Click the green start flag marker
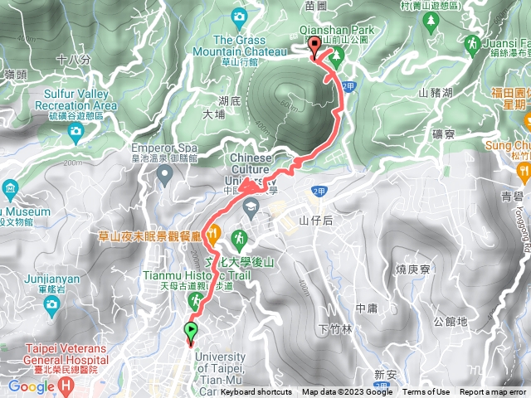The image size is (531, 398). point(192,332)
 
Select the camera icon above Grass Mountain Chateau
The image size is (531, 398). point(240,16)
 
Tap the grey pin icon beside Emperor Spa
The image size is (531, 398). point(164,173)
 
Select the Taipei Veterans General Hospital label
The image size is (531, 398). point(66,359)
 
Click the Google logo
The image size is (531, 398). point(31,386)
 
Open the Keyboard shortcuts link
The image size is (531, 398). point(256,392)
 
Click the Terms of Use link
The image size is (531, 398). point(426,392)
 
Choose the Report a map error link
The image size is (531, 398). point(493,392)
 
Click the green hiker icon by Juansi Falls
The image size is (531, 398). point(473,42)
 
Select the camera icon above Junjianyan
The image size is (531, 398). point(52,303)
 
